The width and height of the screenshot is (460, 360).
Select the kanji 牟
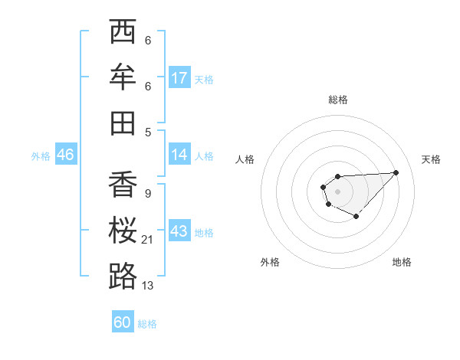click(x=123, y=77)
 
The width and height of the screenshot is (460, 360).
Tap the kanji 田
click(x=123, y=123)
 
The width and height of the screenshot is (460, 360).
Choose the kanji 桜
click(x=123, y=230)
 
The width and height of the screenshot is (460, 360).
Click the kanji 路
click(x=123, y=275)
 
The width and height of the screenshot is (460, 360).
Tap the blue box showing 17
click(x=179, y=77)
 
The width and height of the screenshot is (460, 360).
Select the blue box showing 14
click(x=179, y=154)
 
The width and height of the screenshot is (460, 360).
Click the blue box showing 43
click(x=179, y=231)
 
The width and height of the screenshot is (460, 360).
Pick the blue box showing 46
click(x=65, y=155)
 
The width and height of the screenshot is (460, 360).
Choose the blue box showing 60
click(x=122, y=322)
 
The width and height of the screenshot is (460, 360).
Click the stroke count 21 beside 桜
click(x=149, y=240)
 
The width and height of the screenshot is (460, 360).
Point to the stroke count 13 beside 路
click(x=148, y=285)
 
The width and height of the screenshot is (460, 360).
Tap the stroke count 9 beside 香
click(x=147, y=194)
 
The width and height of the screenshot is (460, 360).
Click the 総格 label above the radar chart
click(x=338, y=100)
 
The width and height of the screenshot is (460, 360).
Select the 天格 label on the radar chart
click(x=432, y=159)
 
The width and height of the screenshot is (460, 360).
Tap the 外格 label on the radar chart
click(x=270, y=262)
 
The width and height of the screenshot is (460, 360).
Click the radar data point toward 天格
click(x=396, y=172)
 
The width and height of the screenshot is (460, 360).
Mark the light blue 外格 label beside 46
click(x=41, y=155)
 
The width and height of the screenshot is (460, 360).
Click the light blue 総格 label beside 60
click(x=147, y=323)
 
